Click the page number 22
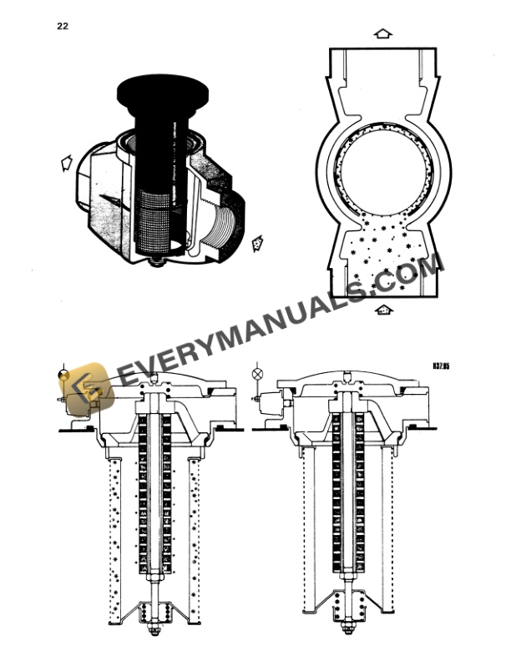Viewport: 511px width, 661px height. (x=63, y=26)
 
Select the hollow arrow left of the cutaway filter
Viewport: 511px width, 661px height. (x=66, y=163)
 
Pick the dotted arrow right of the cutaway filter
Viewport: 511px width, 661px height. (x=257, y=243)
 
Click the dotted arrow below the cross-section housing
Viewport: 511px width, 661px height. (x=383, y=310)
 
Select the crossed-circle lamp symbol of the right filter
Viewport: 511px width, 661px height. (x=257, y=373)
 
